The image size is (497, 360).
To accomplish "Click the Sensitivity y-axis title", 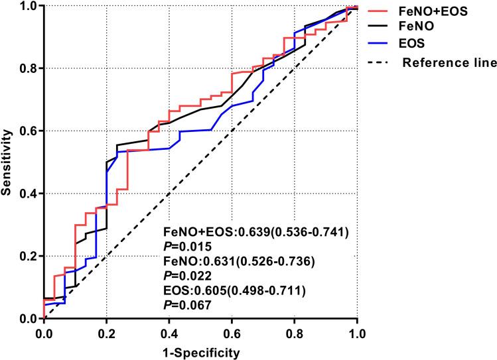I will pyautogui.click(x=7, y=162).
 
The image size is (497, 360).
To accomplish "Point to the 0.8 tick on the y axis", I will pyautogui.click(x=28, y=68).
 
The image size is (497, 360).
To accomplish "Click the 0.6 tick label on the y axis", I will pyautogui.click(x=28, y=131).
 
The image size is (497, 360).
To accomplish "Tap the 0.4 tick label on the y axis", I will pyautogui.click(x=28, y=194).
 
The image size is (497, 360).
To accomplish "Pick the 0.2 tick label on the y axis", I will pyautogui.click(x=28, y=257).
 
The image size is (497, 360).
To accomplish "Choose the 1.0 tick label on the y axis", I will pyautogui.click(x=28, y=6).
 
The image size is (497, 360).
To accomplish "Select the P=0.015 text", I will pyautogui.click(x=186, y=247).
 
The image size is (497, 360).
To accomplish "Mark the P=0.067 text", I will pyautogui.click(x=186, y=305).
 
